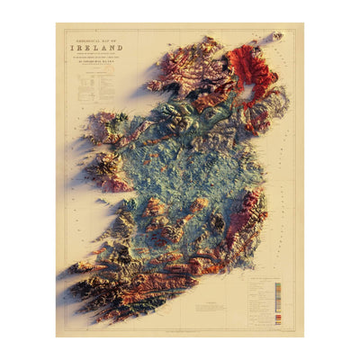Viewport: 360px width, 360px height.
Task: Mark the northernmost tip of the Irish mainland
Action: pyautogui.click(x=210, y=39)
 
